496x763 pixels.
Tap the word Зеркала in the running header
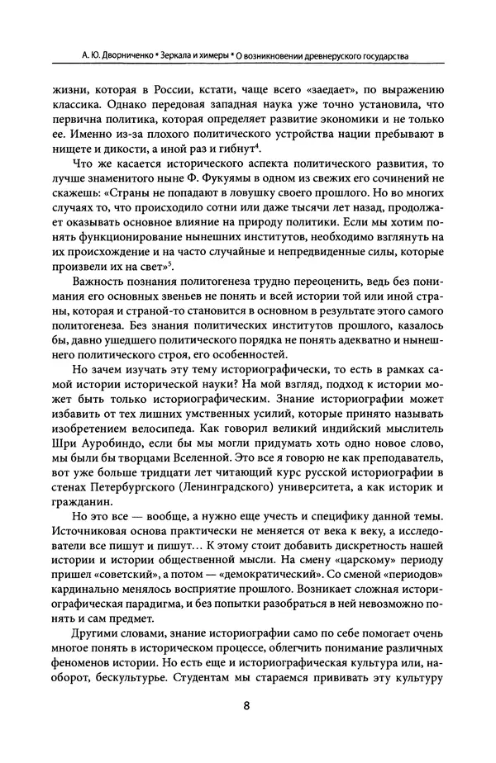pos(182,56)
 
